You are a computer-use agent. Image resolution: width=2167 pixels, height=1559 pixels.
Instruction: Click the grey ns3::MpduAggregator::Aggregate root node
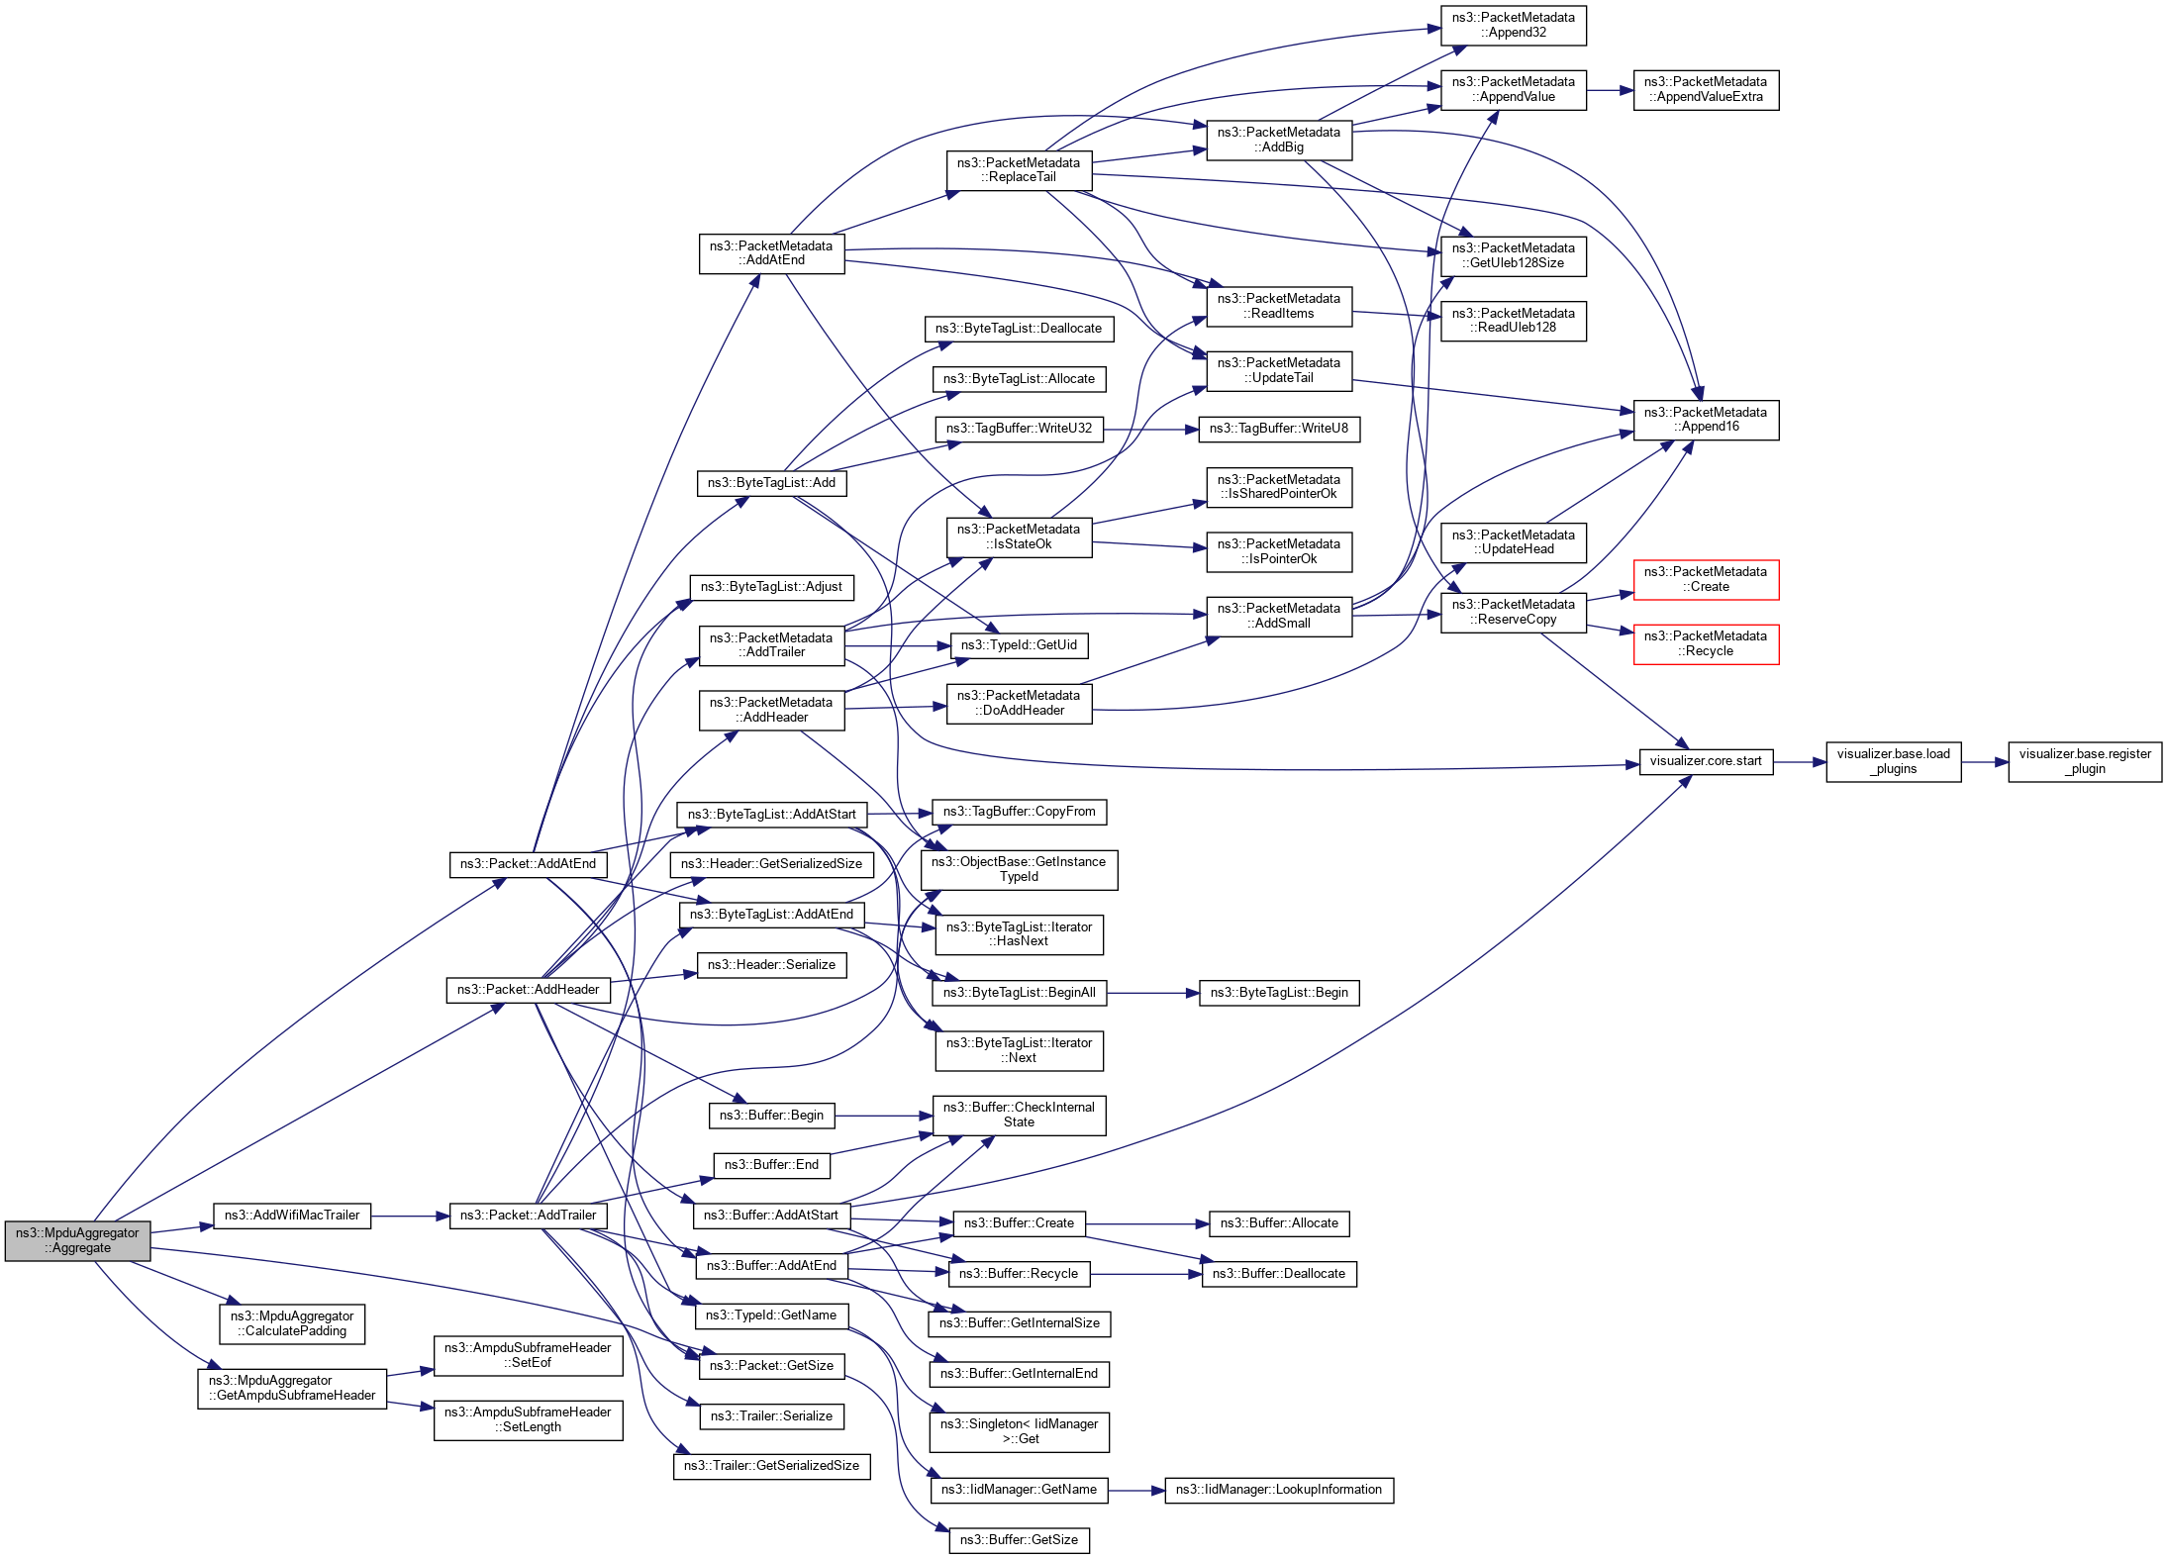[x=77, y=1240]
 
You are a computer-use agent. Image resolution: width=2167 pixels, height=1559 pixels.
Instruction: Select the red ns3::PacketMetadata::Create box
[x=1705, y=579]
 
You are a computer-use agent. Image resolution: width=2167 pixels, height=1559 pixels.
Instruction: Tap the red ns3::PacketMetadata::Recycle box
[x=1705, y=643]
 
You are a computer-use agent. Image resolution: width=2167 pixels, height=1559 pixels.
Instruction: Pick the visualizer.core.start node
[x=1705, y=761]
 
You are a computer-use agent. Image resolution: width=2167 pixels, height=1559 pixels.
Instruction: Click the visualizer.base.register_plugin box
[x=2084, y=761]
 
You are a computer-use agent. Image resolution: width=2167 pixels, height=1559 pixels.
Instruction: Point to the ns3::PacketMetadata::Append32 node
[x=1513, y=25]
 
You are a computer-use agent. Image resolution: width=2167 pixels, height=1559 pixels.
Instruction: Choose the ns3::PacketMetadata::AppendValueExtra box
[x=1705, y=89]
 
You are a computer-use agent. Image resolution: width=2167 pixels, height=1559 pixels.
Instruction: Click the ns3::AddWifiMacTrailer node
[x=292, y=1216]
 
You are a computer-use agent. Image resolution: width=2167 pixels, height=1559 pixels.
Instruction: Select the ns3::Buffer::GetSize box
[x=1019, y=1540]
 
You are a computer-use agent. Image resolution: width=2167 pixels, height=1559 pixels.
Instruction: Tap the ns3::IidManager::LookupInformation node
[x=1278, y=1490]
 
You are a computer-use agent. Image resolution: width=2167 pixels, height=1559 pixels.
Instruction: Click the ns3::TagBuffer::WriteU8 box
[x=1278, y=429]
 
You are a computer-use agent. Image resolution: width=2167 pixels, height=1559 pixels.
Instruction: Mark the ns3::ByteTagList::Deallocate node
[x=1019, y=329]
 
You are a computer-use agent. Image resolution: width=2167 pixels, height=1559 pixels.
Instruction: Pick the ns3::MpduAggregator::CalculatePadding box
[x=292, y=1323]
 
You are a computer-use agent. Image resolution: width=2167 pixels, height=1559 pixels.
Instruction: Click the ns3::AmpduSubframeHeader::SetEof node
[x=528, y=1355]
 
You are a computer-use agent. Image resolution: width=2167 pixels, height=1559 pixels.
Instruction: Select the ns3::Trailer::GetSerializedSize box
[x=771, y=1466]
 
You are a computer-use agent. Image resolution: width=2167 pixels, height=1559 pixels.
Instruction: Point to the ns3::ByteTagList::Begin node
[x=1278, y=993]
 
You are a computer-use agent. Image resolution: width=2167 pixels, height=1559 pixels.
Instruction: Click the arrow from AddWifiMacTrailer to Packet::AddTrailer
[x=410, y=1216]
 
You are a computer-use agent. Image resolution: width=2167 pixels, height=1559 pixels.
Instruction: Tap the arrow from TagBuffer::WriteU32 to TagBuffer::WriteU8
[x=1150, y=429]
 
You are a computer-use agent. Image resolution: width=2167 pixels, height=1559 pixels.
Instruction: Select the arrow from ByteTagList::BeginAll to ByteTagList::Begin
[x=1152, y=993]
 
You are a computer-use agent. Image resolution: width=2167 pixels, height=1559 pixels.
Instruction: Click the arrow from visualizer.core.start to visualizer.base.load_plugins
[x=1799, y=762]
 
